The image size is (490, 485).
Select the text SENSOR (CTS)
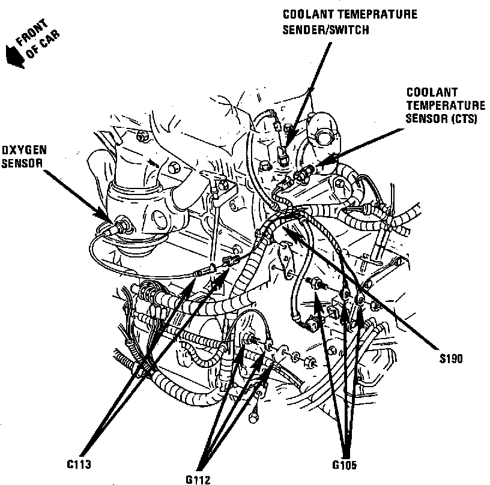coord(441,118)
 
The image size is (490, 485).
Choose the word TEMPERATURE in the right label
coord(443,106)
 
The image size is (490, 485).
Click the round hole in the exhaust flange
coord(161,217)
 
